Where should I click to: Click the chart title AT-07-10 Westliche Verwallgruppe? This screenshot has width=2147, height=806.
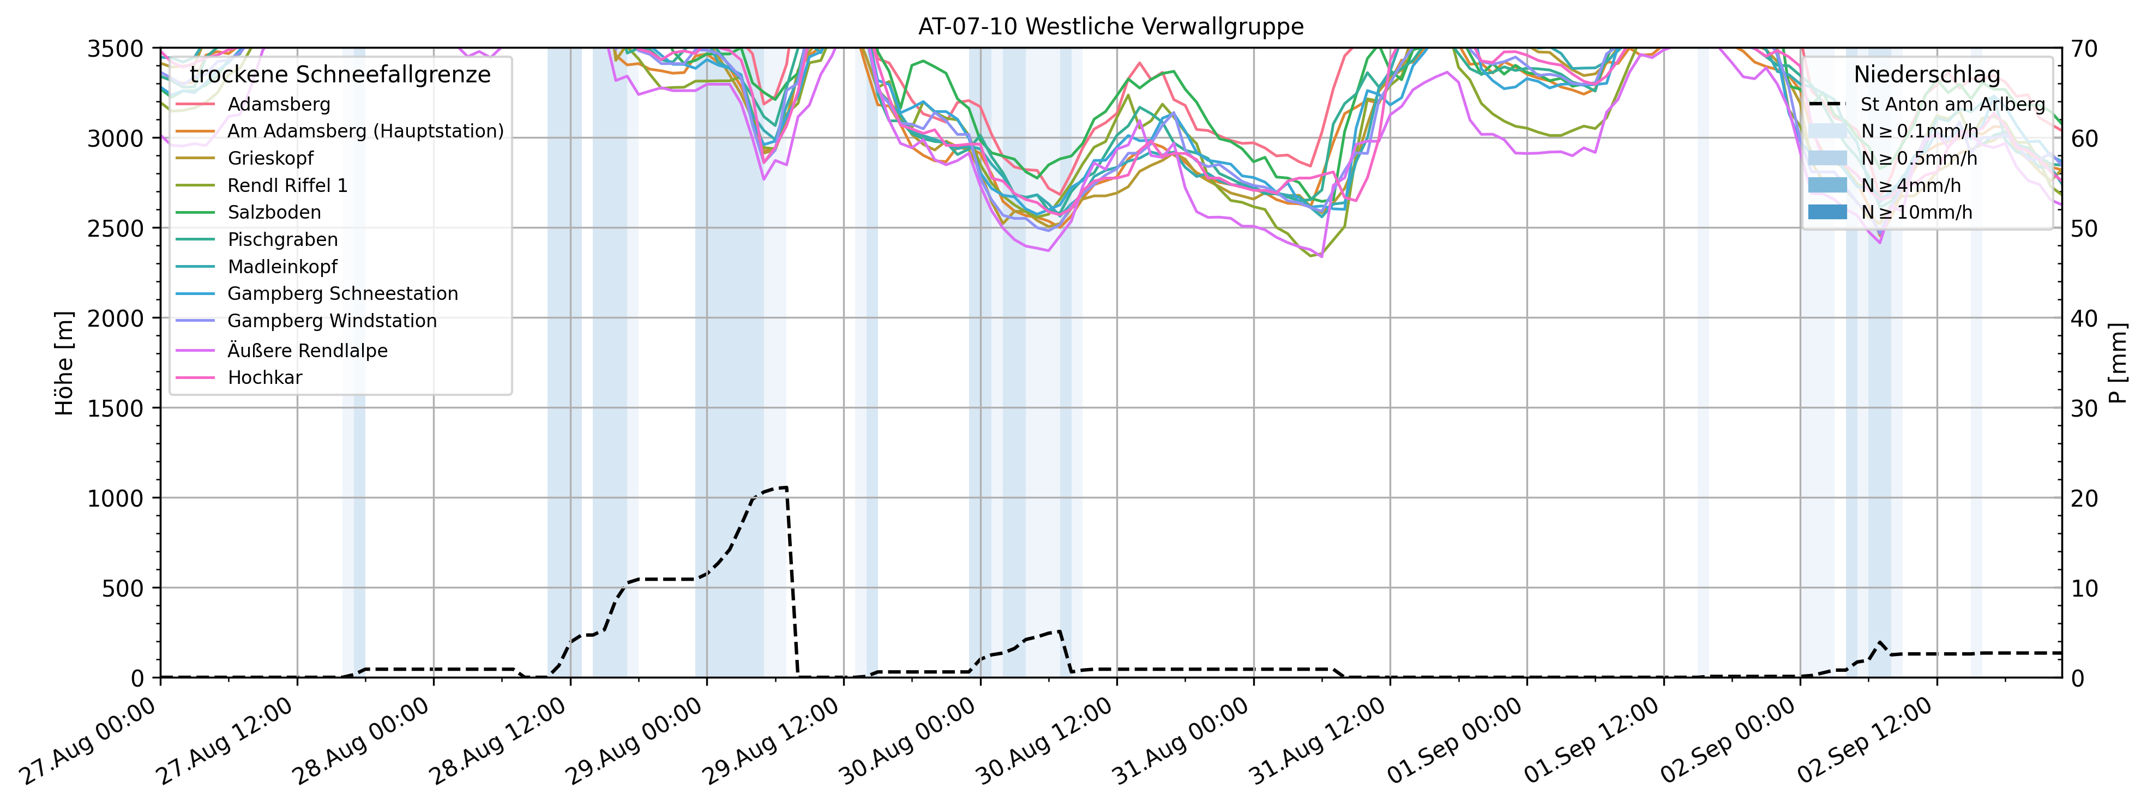tap(1110, 27)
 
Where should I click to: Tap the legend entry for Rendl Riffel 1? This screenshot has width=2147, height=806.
tap(287, 185)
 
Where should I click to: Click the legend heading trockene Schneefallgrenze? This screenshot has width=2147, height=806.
tap(340, 75)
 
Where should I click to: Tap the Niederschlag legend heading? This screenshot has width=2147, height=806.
tap(1926, 75)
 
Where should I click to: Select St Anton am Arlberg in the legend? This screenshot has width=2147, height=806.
tap(1952, 104)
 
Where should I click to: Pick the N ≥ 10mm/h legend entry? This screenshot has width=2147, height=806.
tap(1916, 213)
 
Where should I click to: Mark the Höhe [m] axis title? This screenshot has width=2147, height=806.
tap(64, 363)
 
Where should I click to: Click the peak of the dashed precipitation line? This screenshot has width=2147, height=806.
tap(784, 488)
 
